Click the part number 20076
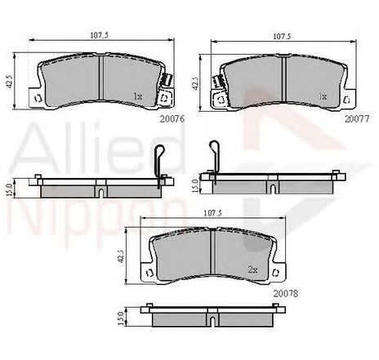point(172,119)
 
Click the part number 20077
point(357,119)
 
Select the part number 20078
point(286,294)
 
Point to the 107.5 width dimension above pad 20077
point(282,36)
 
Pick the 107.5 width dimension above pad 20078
point(212,213)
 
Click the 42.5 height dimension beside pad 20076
point(9,82)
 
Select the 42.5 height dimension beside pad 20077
point(195,82)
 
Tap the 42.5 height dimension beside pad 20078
point(121,256)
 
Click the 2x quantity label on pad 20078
point(252,269)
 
